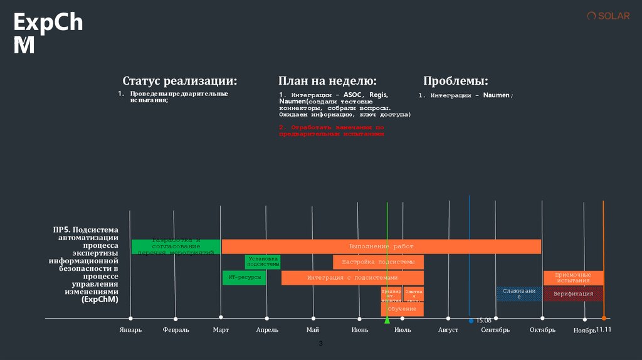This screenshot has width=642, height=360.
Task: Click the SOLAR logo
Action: click(608, 16)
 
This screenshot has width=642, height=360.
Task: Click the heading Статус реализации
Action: click(180, 81)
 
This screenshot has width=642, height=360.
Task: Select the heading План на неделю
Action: click(327, 81)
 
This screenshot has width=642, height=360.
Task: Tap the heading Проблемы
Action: click(455, 81)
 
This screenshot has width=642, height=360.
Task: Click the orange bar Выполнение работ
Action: click(381, 246)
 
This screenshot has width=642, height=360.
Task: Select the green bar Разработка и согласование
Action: click(176, 246)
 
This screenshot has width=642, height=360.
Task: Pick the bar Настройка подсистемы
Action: click(378, 262)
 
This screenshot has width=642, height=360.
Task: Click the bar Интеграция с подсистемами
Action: click(352, 277)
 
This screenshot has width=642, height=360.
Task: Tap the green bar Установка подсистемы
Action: click(263, 262)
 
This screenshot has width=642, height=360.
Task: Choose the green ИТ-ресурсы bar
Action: click(244, 277)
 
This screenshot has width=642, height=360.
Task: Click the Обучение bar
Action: click(402, 309)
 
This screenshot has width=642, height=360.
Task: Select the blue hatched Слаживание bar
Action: click(519, 294)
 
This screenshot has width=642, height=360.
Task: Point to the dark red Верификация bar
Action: click(573, 294)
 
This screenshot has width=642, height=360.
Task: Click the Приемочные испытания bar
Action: click(573, 277)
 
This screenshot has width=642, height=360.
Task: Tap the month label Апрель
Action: click(267, 330)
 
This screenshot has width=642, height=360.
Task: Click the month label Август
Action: click(448, 330)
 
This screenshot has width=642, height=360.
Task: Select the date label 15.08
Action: click(483, 320)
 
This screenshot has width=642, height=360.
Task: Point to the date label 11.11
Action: click(603, 329)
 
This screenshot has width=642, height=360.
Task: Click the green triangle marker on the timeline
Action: click(387, 320)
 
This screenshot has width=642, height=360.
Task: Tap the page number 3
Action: click(321, 344)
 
